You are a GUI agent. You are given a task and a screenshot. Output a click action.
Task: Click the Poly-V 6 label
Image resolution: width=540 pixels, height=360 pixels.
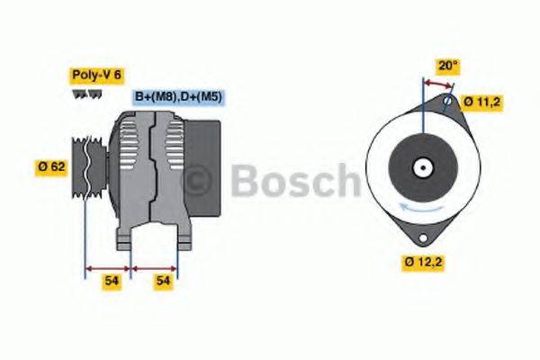pos(96,76)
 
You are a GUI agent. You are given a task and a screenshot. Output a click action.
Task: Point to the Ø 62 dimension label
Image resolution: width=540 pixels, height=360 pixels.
pos(51,166)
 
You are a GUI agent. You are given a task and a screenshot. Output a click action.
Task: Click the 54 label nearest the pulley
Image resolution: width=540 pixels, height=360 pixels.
pos(111,282)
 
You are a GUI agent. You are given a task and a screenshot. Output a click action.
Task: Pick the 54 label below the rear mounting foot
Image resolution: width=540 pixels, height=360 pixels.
pos(163,282)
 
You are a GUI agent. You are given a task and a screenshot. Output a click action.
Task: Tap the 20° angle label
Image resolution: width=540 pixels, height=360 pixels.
pos(447,66)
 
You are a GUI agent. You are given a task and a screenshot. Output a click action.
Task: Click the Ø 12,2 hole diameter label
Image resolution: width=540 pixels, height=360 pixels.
pos(423,263)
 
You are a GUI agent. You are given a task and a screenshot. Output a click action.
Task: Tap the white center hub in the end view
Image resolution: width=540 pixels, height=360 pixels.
pos(421,167)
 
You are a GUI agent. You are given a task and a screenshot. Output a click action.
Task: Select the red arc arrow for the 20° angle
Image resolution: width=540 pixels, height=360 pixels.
pos(437,84)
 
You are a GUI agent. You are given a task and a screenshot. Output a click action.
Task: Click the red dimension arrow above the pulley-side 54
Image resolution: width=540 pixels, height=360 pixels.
pos(108,267)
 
